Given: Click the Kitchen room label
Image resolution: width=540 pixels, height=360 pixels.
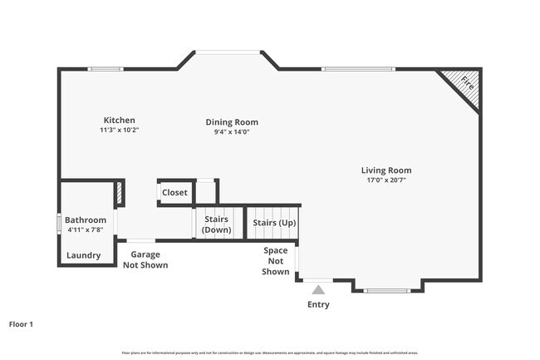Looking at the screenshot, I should point(119,121).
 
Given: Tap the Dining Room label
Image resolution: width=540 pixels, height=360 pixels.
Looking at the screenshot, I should point(232,122).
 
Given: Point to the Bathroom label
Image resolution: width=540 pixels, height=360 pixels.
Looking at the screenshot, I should point(86,219).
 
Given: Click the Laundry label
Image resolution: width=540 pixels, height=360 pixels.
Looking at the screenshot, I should point(83,255).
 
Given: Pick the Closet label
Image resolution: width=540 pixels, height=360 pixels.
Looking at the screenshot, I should point(174,193).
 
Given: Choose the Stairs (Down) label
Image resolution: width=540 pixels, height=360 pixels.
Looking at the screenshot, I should point(217,224).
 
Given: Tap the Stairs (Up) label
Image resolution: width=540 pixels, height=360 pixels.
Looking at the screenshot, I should point(274,224).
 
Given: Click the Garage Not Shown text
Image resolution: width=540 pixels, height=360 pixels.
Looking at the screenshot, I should point(145,260).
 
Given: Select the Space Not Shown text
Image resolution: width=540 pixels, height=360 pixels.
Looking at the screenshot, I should point(276,261).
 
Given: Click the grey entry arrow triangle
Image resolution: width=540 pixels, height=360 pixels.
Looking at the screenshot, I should point(318,289).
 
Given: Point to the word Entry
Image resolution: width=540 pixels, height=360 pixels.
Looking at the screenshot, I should point(318,304).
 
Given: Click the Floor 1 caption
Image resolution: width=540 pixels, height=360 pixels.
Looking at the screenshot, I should point(21,324).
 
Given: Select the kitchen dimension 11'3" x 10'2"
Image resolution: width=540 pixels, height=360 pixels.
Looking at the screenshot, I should point(119,131).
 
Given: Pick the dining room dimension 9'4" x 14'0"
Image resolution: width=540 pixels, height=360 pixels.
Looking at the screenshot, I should point(232,131).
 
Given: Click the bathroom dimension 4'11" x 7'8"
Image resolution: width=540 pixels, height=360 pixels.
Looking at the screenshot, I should point(86,229).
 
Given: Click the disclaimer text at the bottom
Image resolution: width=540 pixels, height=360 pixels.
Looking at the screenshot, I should point(269,352).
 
